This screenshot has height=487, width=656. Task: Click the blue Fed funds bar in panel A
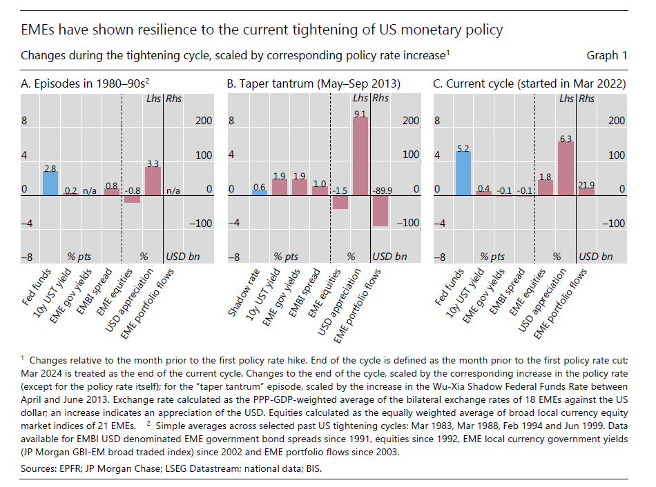(x=50, y=183)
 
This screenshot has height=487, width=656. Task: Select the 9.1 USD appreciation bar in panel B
(x=359, y=156)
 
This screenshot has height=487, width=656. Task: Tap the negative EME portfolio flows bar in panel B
(x=380, y=210)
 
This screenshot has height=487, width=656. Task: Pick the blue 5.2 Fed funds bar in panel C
(x=463, y=173)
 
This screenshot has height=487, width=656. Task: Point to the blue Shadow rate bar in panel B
(x=259, y=192)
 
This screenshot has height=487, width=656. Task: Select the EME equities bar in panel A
(x=132, y=199)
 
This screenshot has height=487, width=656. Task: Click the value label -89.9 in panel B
(x=383, y=188)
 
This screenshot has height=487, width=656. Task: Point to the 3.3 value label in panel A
(x=153, y=163)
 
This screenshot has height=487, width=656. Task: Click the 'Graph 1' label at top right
(x=606, y=55)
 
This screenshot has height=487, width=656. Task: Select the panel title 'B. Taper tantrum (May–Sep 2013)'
(x=314, y=84)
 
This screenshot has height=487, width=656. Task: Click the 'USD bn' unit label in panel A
(x=182, y=257)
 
